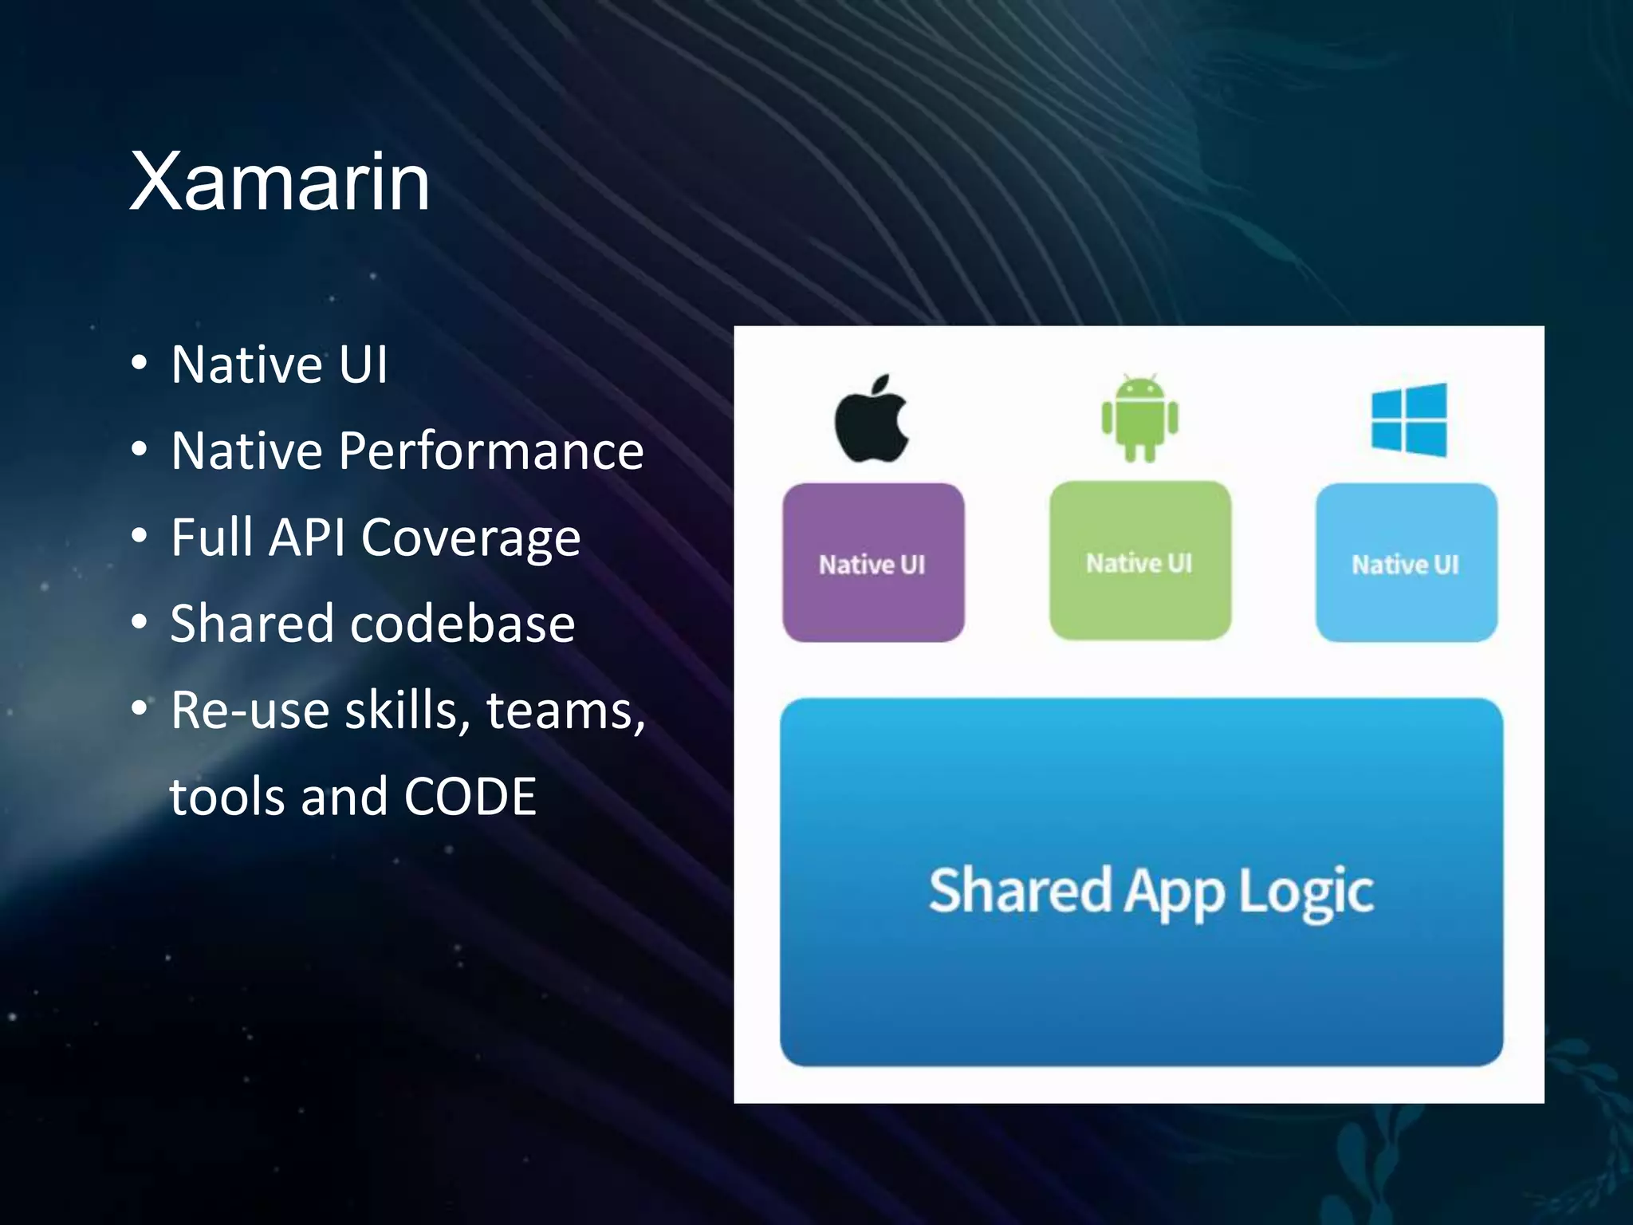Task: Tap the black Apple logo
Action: tap(872, 419)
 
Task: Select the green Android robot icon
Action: tap(1139, 418)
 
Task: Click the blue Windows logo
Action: tap(1409, 419)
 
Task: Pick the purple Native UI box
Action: tap(873, 562)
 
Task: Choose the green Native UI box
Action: tap(1139, 561)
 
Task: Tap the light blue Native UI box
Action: tap(1406, 562)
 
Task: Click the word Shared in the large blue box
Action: tap(1019, 891)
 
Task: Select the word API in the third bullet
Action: tap(308, 537)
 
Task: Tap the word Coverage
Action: tap(470, 538)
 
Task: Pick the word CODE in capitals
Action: tap(470, 796)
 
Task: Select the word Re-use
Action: tap(249, 710)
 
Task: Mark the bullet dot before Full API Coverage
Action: tap(140, 535)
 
